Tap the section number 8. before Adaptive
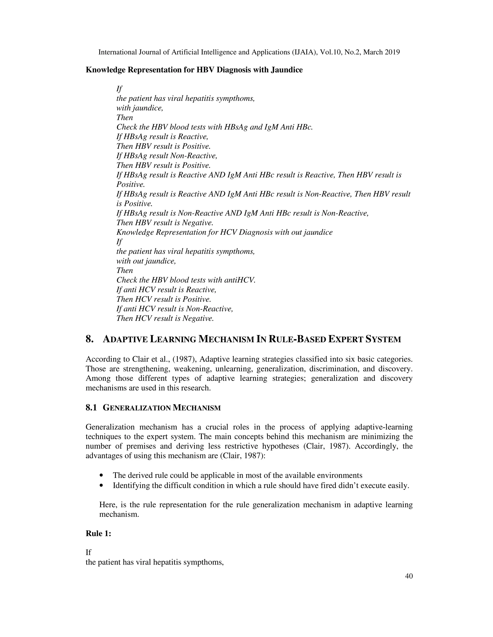point(89,339)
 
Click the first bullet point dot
point(101,475)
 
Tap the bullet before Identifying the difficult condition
point(101,486)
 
